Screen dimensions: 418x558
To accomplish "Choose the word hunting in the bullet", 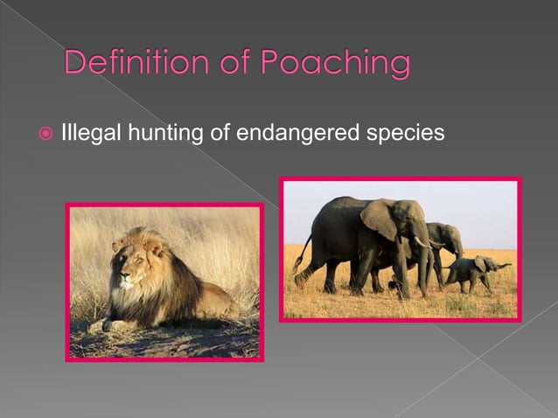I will pyautogui.click(x=150, y=134).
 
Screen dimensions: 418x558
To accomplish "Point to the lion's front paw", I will pyautogui.click(x=108, y=324).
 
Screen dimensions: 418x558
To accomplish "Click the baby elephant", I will pyautogui.click(x=476, y=271).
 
